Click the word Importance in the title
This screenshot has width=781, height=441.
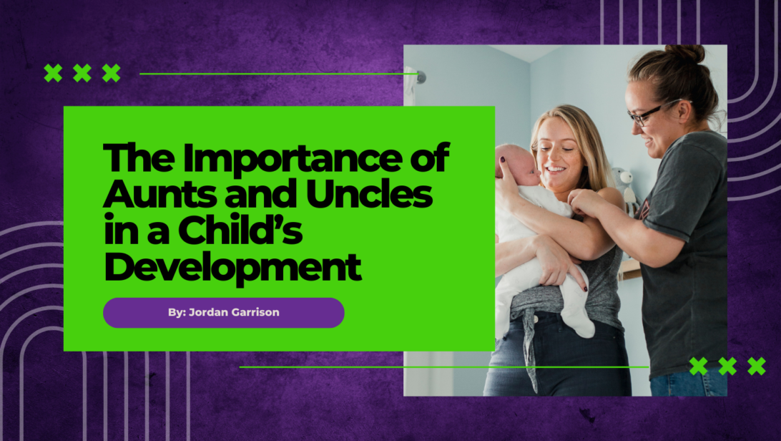pos(293,158)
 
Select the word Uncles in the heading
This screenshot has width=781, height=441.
pos(369,194)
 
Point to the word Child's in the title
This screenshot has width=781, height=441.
pos(240,230)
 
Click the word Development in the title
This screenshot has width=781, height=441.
pos(232,268)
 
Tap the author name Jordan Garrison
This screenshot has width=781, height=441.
pos(234,312)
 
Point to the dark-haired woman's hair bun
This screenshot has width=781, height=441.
pos(685,53)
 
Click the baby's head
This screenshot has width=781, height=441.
pos(516,164)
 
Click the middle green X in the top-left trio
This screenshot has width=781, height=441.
pos(82,73)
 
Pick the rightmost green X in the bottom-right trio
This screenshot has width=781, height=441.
pos(757,367)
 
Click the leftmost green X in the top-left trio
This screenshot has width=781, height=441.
pos(54,73)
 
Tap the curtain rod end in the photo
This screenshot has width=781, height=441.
pos(421,77)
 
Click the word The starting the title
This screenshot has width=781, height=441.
pos(139,158)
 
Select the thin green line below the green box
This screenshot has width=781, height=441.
pos(444,367)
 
